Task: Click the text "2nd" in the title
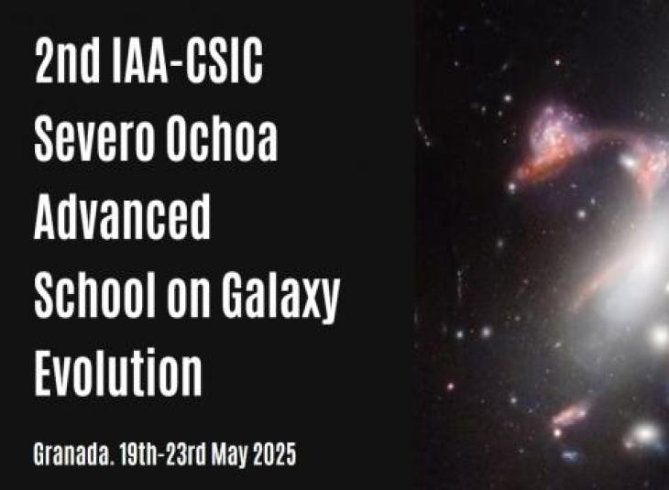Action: (67, 60)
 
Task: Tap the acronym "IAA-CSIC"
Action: (187, 60)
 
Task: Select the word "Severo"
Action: (93, 138)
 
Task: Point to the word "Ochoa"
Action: (222, 138)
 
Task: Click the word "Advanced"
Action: (122, 216)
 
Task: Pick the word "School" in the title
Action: (94, 294)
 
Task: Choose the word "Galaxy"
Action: (280, 298)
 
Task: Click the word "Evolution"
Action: (117, 372)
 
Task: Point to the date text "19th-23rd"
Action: (163, 453)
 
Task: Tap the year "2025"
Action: (274, 453)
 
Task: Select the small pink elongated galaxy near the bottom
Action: (570, 415)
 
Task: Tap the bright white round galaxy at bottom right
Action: (645, 434)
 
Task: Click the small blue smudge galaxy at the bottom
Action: (570, 455)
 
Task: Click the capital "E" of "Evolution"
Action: (44, 372)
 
